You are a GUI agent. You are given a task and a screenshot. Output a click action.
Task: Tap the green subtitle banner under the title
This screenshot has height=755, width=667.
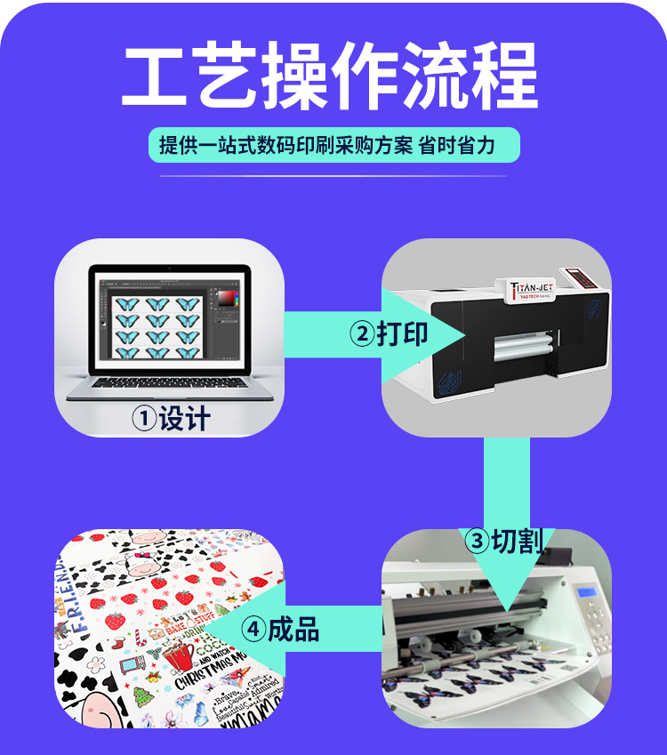pyautogui.click(x=333, y=145)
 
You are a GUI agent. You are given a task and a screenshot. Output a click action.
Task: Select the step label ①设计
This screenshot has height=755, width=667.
pyautogui.click(x=171, y=418)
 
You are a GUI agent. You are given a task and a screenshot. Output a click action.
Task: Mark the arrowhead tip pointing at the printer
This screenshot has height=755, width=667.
pyautogui.click(x=466, y=334)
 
